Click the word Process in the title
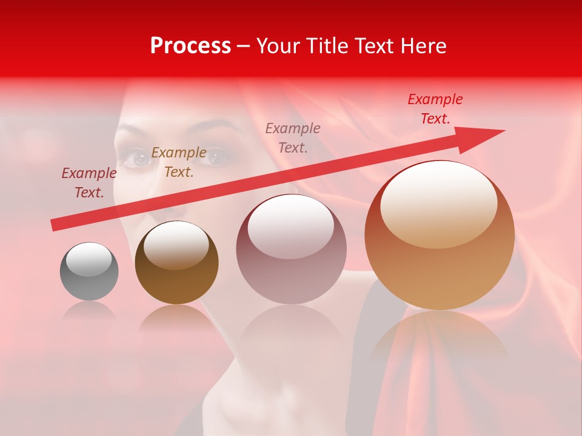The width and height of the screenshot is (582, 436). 190,45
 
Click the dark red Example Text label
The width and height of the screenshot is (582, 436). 89,182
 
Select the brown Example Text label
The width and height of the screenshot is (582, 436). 179,162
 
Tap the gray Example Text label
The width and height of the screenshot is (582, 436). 293,137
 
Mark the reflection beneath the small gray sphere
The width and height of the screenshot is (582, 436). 89,311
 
